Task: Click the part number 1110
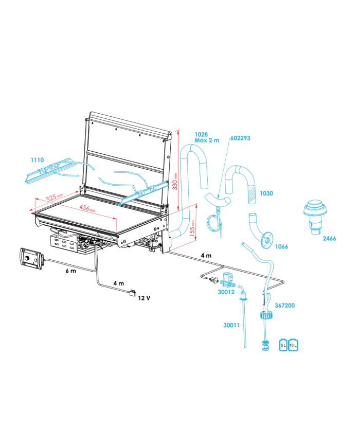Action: (x=38, y=160)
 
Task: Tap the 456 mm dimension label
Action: (x=87, y=208)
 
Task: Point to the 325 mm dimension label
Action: (x=54, y=196)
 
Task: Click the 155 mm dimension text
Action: (x=192, y=228)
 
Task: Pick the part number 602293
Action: (x=240, y=138)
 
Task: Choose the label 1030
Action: (x=266, y=193)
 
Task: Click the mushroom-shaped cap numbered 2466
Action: (x=315, y=217)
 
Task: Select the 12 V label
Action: (x=144, y=298)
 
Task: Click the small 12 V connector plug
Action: (x=133, y=293)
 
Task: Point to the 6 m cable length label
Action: (x=70, y=271)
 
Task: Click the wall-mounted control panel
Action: (x=31, y=258)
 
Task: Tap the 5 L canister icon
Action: (x=283, y=345)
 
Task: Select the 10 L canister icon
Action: (x=293, y=345)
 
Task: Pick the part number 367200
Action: (x=284, y=306)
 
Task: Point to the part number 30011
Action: (x=231, y=325)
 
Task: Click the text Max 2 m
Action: (x=207, y=140)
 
